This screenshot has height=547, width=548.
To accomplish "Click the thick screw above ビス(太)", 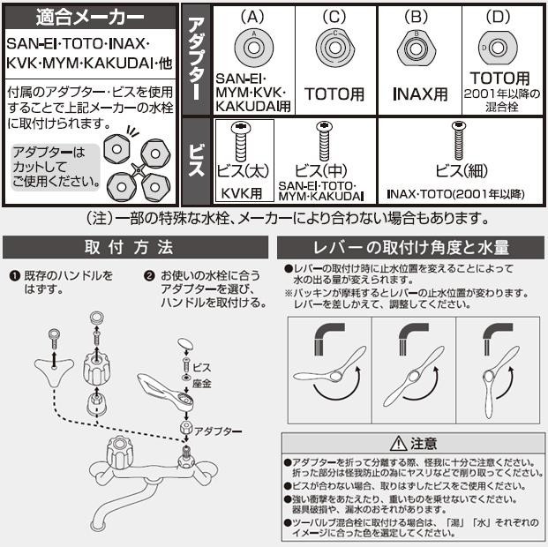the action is click(241, 141).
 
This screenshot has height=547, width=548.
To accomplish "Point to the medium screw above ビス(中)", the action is click(324, 141).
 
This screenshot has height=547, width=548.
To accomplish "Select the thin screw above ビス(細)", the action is click(459, 140).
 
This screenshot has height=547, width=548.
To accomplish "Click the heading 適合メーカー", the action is click(90, 18).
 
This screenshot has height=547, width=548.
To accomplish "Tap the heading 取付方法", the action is click(129, 247).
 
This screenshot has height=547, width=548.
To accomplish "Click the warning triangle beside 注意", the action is click(398, 444).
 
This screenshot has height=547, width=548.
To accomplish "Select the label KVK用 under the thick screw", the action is click(242, 193).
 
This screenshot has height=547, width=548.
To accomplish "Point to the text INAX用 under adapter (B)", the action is click(420, 94).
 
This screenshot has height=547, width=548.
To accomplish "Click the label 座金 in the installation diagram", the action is click(202, 384).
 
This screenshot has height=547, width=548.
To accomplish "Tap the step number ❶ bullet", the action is click(15, 276).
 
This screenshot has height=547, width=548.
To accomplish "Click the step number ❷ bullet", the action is click(149, 276).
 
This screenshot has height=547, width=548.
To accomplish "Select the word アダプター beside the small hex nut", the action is click(218, 431).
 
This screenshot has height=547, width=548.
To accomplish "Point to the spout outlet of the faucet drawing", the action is click(98, 525).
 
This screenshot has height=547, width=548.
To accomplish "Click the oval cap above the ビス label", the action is click(185, 343).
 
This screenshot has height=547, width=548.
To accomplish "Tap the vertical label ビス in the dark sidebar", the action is click(196, 161).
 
